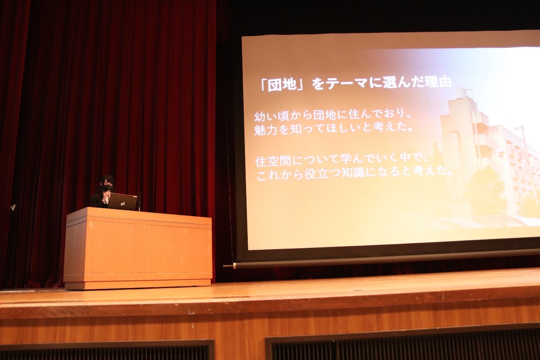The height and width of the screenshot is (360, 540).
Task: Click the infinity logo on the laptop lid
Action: point(123,204)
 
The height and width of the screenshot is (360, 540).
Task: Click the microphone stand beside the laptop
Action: point(138,202)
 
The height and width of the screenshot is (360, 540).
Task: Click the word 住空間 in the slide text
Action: point(273,161)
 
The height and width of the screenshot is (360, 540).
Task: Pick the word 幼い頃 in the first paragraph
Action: point(271,116)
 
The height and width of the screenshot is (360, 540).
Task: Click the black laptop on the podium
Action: point(123,202)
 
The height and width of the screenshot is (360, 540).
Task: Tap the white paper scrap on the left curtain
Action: point(13,207)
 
